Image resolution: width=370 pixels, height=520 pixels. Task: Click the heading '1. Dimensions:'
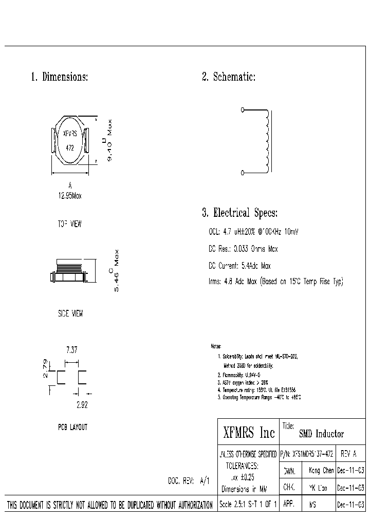60,78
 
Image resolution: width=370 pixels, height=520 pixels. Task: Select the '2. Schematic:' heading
229,78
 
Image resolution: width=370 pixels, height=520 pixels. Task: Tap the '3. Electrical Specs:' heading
239,213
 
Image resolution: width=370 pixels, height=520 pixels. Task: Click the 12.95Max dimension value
70,196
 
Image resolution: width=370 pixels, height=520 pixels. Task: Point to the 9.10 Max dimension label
109,141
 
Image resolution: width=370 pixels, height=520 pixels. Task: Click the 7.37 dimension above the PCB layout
72,350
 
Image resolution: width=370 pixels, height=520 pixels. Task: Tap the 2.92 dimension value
82,404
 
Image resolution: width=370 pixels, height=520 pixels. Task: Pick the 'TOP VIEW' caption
69,225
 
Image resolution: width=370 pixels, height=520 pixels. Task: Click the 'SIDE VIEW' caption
70,313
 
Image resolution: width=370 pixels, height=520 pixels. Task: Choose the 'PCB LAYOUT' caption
72,427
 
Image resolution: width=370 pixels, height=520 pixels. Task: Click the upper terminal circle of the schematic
243,109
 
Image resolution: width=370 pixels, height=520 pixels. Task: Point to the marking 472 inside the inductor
70,147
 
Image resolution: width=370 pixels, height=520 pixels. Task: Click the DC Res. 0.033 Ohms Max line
243,249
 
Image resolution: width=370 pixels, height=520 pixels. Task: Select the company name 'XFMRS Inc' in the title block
249,433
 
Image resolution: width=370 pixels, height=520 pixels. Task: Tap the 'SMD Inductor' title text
322,434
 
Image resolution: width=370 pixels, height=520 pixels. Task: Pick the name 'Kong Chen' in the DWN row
321,471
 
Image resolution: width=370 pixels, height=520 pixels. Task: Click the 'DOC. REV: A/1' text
189,481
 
